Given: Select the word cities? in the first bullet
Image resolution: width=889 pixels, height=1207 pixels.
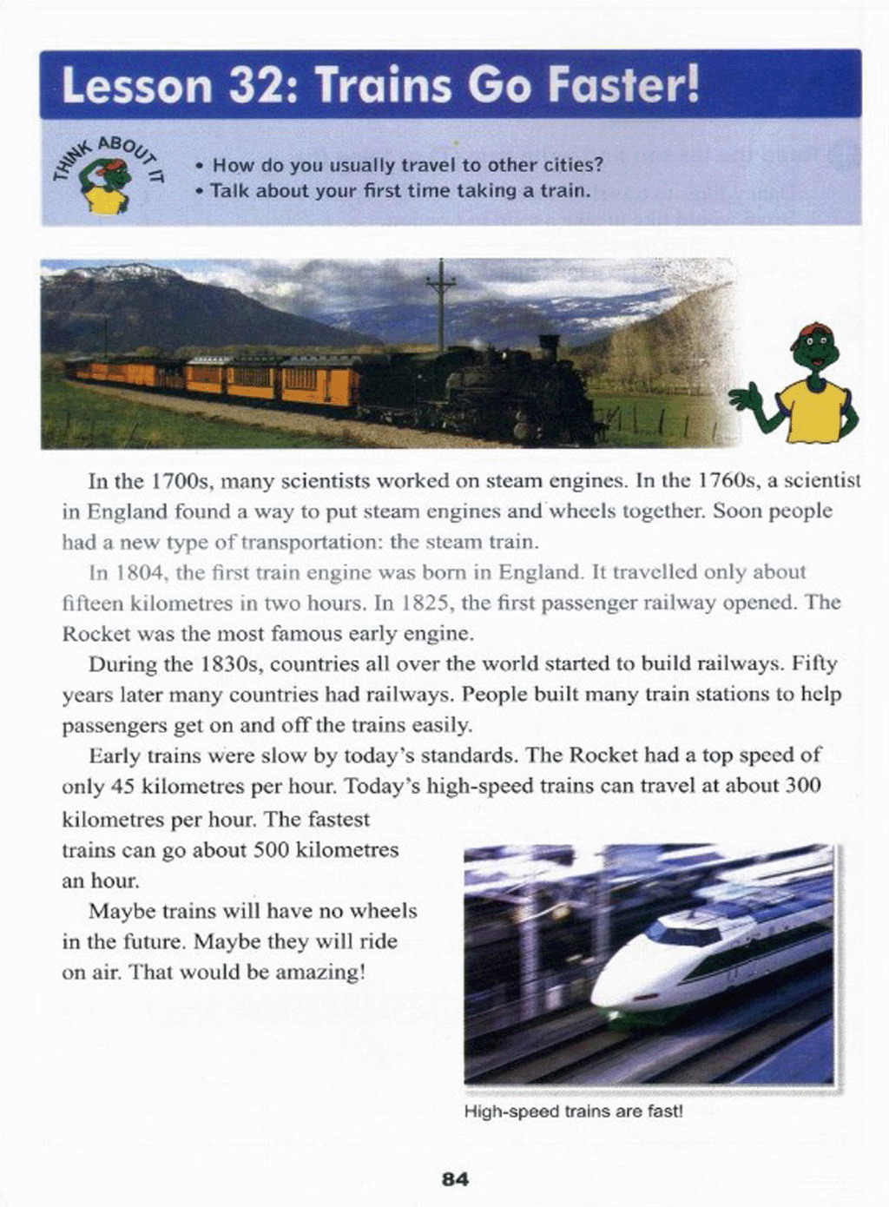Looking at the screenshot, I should (x=573, y=165).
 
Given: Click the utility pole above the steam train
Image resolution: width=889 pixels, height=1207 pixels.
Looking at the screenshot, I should (x=441, y=304).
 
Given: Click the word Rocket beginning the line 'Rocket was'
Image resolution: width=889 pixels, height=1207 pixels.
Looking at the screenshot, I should (x=92, y=634).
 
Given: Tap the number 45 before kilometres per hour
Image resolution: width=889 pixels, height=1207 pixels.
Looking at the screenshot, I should (x=122, y=788).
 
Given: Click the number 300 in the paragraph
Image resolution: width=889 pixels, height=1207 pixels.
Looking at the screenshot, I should (x=802, y=788).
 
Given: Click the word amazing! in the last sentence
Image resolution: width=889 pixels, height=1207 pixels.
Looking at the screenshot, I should (x=320, y=973).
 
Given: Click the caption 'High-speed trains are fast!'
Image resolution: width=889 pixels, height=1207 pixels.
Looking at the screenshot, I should (x=574, y=1111).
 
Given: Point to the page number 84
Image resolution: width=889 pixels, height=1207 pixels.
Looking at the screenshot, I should (x=455, y=1179).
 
